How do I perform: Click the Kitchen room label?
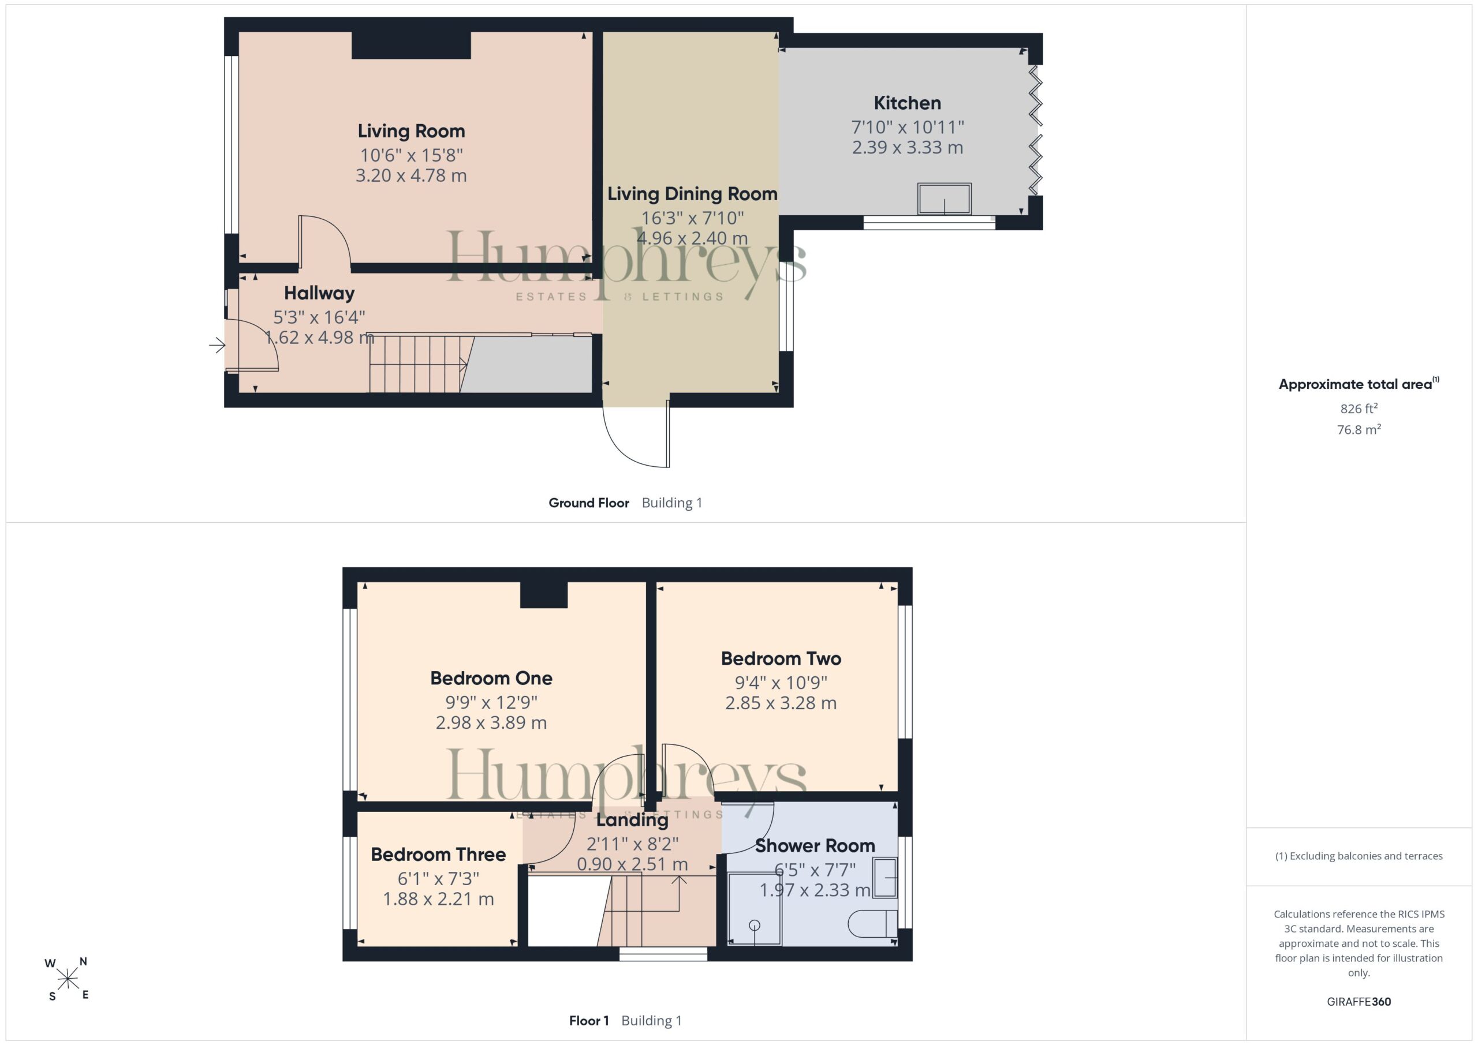point(907,103)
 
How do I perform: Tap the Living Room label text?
point(411,131)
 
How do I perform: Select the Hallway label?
point(319,294)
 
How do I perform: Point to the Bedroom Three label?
point(438,855)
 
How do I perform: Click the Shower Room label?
point(815,845)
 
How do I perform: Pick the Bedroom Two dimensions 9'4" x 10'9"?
point(781,683)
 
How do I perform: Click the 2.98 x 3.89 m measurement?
point(491,722)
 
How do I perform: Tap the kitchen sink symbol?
point(945,199)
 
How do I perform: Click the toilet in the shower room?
point(872,924)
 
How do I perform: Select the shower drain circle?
point(755,926)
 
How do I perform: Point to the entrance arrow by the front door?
point(217,346)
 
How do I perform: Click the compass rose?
point(68,979)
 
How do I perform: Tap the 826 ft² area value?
point(1359,409)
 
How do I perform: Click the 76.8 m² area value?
point(1359,429)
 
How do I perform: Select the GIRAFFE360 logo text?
point(1359,1001)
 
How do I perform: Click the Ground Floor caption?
point(589,503)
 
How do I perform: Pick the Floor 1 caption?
point(589,1021)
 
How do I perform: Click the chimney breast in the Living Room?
point(411,45)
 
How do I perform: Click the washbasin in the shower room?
point(885,878)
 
